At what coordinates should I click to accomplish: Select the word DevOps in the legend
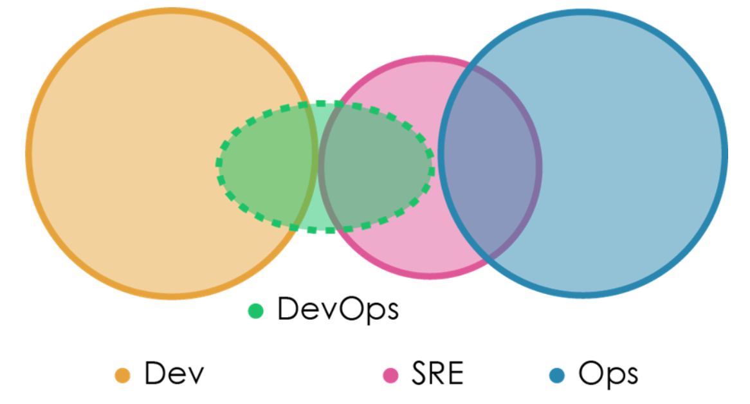pos(338,310)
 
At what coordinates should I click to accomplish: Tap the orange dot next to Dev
pos(122,375)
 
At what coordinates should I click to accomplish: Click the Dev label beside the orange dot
pos(174,374)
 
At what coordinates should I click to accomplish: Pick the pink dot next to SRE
pos(390,375)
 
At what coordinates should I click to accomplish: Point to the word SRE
pos(437,374)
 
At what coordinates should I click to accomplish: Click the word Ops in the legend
pos(608,374)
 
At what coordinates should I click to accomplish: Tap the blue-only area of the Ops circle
pos(630,154)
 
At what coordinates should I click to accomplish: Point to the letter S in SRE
pos(419,374)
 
